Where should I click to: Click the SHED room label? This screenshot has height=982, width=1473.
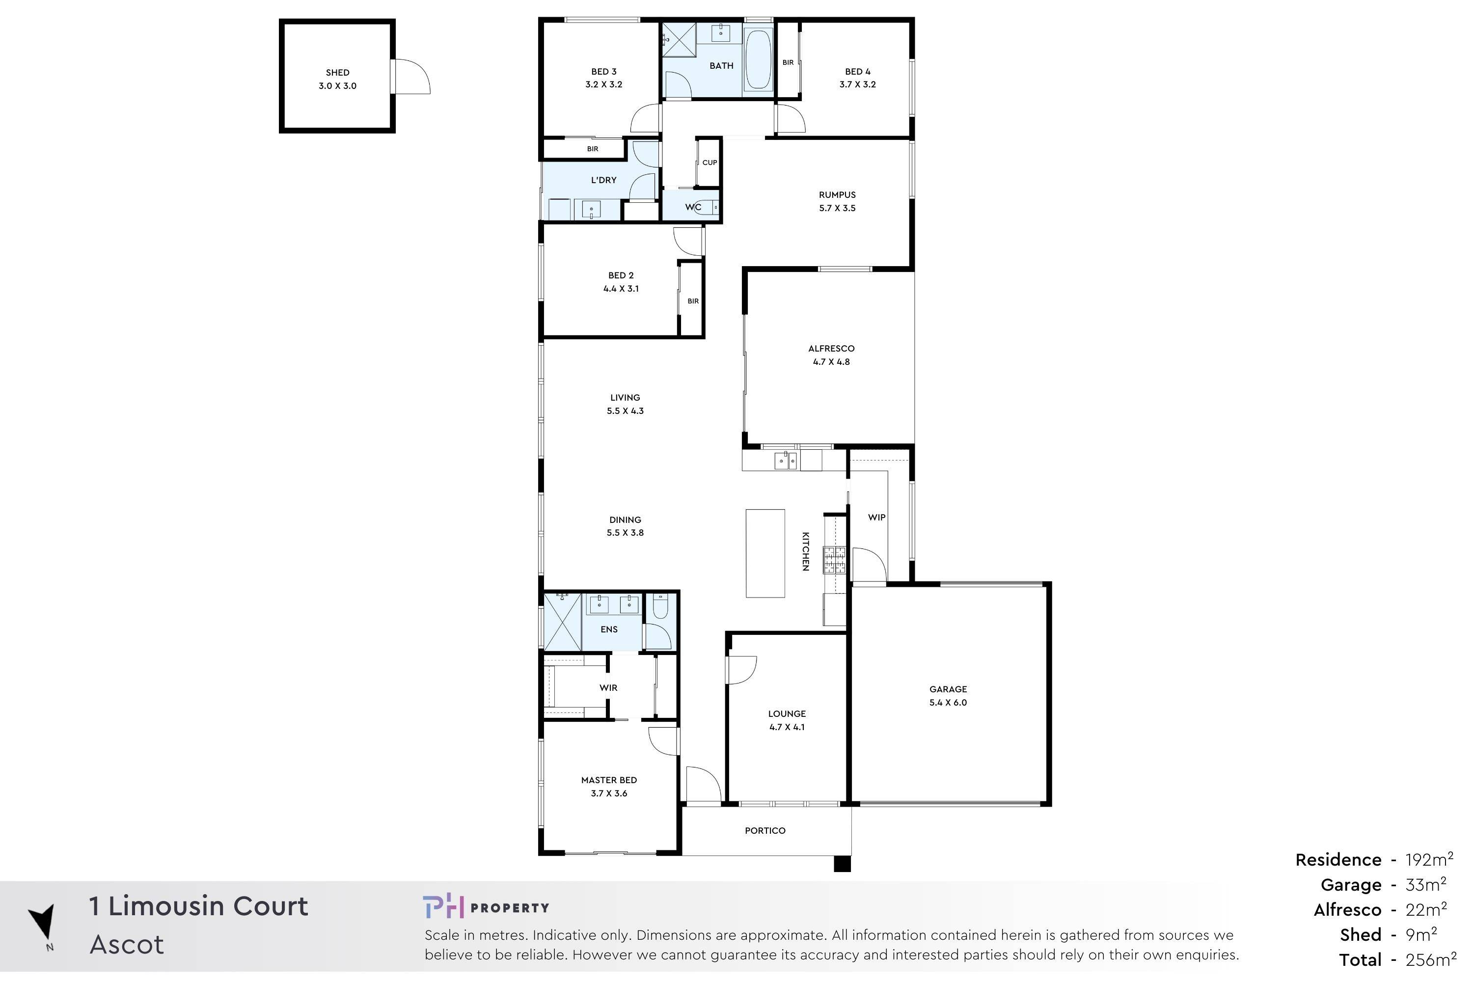point(338,73)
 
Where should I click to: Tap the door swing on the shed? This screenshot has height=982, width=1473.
point(411,77)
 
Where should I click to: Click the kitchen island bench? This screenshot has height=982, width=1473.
point(764,553)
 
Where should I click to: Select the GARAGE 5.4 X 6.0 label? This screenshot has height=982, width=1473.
point(948,696)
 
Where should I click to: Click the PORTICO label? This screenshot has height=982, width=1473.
point(764,830)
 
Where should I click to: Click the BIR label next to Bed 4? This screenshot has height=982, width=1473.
point(788,63)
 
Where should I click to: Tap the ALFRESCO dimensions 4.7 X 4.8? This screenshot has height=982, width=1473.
point(831,362)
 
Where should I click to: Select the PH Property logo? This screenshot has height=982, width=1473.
point(486,907)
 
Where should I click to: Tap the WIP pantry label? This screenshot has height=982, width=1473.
point(876,518)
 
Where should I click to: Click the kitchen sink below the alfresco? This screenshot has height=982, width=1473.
point(785,461)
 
